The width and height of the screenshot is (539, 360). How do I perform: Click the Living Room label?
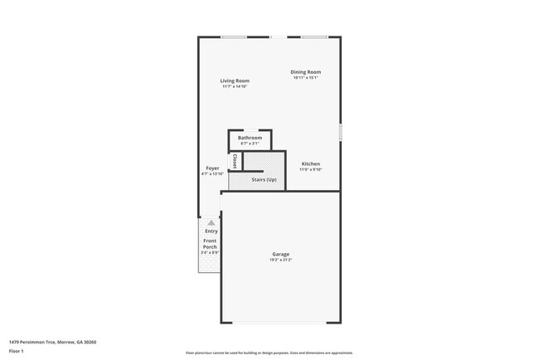click(235, 80)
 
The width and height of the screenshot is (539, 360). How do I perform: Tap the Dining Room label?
click(305, 72)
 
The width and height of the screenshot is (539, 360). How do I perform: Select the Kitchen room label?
click(310, 163)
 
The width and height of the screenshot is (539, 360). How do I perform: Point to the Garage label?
click(280, 254)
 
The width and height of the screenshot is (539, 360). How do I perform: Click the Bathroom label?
click(250, 138)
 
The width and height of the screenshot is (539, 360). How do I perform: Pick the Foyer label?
click(212, 168)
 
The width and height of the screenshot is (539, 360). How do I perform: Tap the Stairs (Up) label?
click(264, 179)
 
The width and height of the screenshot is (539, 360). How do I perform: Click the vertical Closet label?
click(235, 160)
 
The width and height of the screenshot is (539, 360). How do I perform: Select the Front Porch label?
click(210, 244)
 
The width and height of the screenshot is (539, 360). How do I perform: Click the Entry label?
click(211, 231)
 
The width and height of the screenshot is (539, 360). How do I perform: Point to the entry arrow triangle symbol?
click(211, 222)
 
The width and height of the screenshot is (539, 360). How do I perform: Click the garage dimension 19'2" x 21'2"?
click(280, 260)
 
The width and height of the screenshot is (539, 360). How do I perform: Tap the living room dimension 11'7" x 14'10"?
click(235, 86)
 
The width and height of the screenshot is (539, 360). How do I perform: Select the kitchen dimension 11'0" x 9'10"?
click(310, 169)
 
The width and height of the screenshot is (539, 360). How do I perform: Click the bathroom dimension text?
click(250, 144)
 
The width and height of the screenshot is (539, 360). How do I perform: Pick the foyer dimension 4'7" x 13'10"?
click(212, 174)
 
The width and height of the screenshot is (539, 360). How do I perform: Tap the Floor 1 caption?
click(17, 351)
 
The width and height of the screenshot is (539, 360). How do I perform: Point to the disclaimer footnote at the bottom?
click(269, 353)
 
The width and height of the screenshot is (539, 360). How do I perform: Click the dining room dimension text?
click(305, 78)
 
